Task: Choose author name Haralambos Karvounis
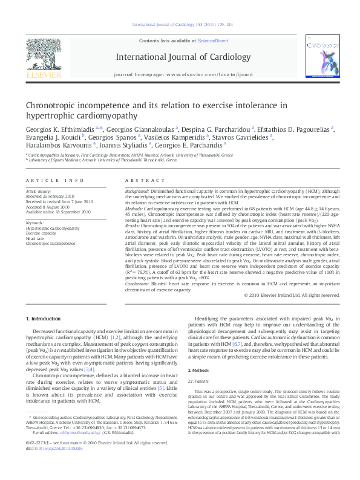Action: coord(54,145)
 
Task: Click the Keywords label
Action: coord(35,223)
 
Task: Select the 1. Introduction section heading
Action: coord(45,318)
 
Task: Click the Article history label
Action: coord(39,190)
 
